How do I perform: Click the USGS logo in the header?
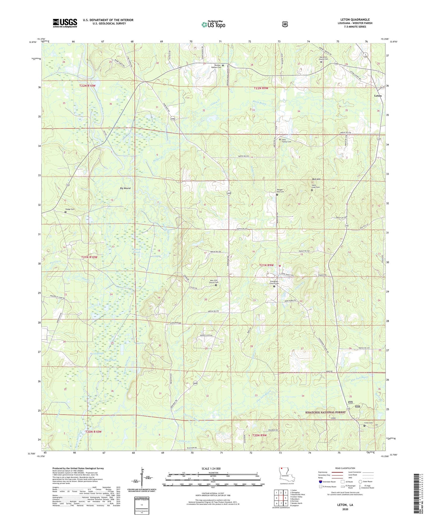pos(65,23)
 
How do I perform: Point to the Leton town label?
pos(378,96)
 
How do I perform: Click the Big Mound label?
pos(125,188)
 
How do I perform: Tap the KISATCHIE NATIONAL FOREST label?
pos(326,412)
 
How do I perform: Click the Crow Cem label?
pos(368,423)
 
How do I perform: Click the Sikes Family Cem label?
pos(286,141)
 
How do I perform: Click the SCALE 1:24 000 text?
pos(211,468)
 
